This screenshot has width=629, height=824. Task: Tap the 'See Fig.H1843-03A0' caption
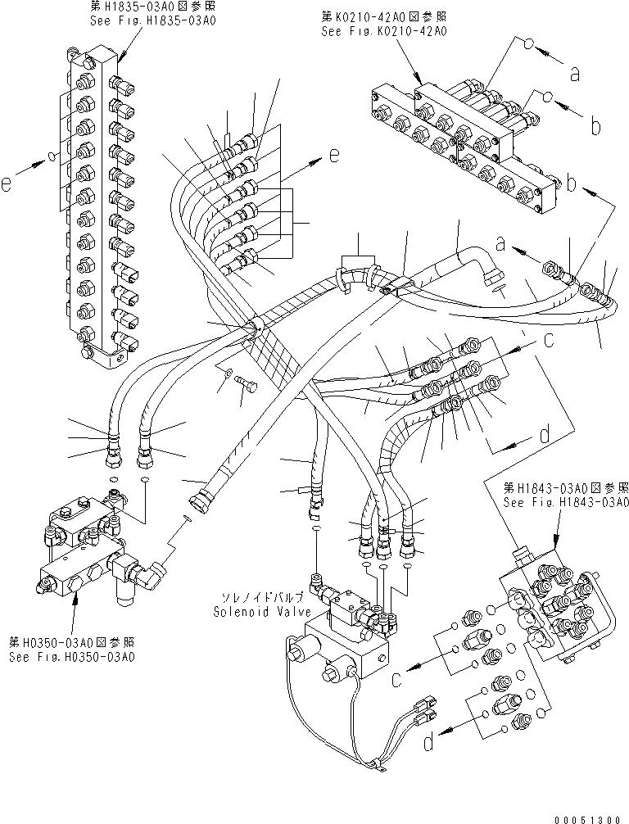pyautogui.click(x=565, y=502)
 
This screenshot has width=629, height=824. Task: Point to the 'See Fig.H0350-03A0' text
pyautogui.click(x=72, y=657)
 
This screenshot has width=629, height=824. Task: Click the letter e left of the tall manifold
pyautogui.click(x=7, y=185)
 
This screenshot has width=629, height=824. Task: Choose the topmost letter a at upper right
pyautogui.click(x=575, y=75)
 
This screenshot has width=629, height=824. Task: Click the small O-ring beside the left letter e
pyautogui.click(x=51, y=156)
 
